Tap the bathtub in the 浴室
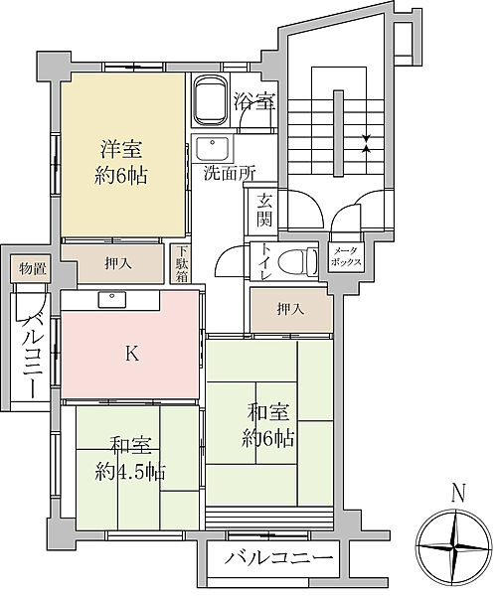coord(212,100)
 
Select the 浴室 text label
coord(254,100)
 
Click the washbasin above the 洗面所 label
coord(212,152)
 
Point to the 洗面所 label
coord(231,172)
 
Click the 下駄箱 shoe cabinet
coord(183,264)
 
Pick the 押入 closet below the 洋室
coord(117,264)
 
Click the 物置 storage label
coord(33,267)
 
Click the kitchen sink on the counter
coord(110,299)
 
